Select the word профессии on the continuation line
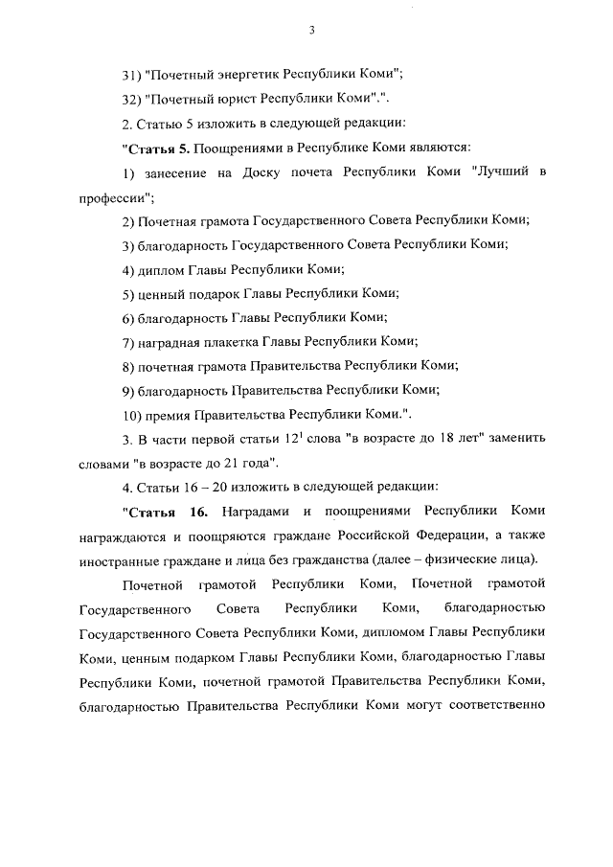[x=114, y=195]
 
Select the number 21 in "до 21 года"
[x=228, y=464]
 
